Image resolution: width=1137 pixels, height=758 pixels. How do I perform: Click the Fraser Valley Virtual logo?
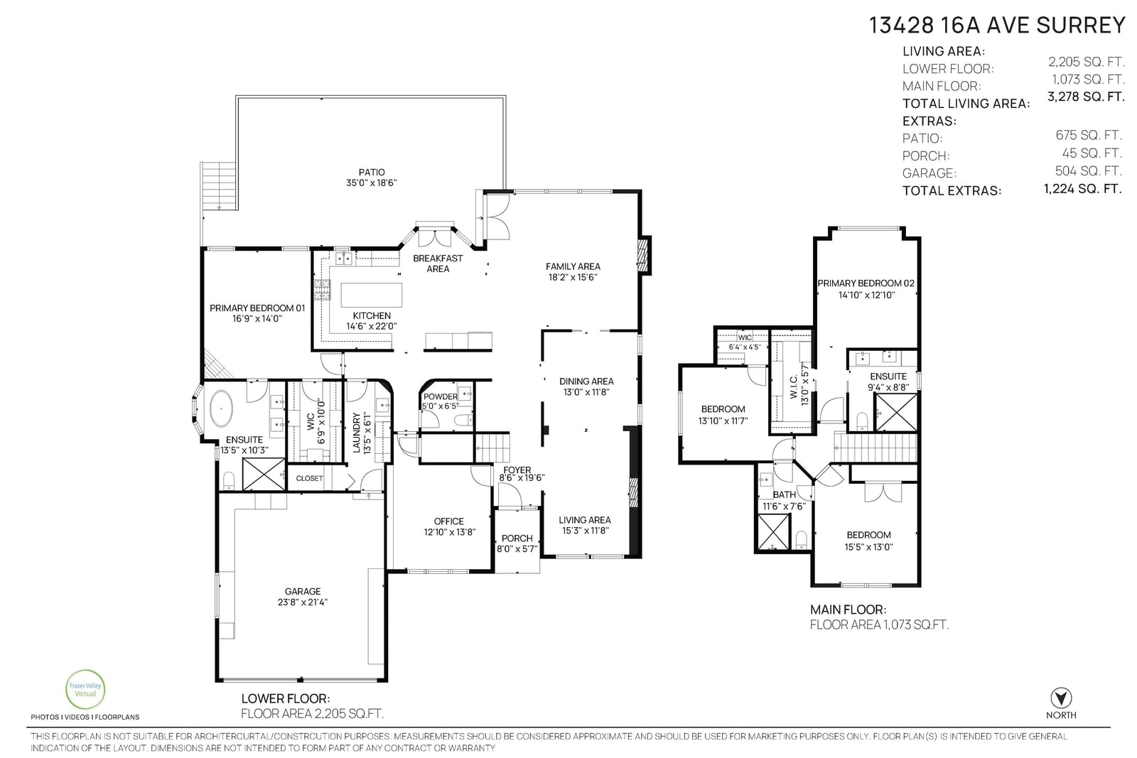[x=85, y=690]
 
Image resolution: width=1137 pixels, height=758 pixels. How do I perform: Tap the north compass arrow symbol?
[x=1061, y=698]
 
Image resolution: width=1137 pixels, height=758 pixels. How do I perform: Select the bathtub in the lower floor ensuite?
[x=221, y=407]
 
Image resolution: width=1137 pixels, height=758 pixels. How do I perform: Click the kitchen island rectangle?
[x=371, y=295]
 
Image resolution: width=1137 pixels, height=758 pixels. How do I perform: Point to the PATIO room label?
[x=372, y=172]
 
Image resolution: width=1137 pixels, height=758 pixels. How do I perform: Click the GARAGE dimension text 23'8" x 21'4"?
[x=303, y=602]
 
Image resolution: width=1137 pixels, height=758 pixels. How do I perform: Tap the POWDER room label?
[x=440, y=396]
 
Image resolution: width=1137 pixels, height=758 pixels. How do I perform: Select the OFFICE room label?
[x=448, y=521]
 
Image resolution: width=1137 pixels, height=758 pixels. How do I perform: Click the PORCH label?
[x=517, y=538]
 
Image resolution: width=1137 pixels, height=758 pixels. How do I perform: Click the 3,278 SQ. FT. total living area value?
[x=1086, y=97]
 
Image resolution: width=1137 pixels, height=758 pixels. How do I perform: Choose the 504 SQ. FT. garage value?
[x=1088, y=170]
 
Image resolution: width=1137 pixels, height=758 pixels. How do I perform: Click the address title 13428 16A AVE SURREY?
[x=997, y=26]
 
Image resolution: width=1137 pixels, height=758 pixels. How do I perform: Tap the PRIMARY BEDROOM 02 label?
[x=866, y=283]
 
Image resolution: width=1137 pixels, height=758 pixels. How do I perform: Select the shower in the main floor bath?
[x=773, y=531]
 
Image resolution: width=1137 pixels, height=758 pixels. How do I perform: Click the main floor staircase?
[x=875, y=447]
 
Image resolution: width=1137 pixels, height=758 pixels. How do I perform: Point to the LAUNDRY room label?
[x=356, y=432]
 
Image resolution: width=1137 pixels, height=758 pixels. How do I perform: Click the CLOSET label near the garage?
[x=309, y=478]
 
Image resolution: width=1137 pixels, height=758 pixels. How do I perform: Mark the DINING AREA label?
[x=586, y=381]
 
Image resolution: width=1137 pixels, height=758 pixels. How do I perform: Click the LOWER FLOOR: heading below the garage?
[x=285, y=698]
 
